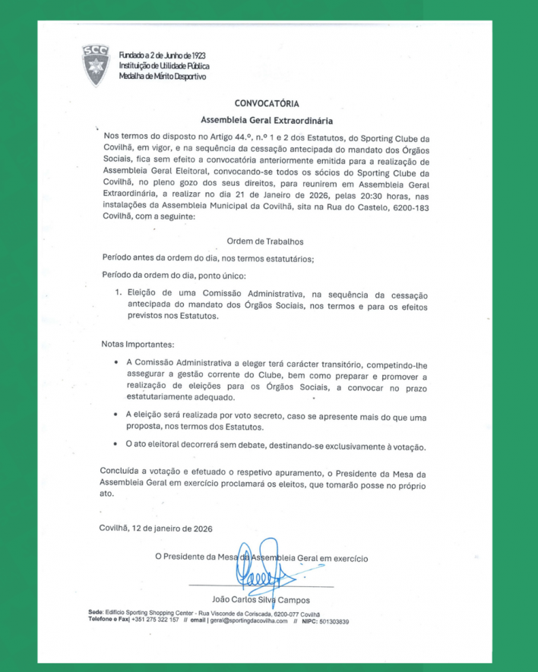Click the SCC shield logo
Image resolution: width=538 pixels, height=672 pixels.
point(96,65)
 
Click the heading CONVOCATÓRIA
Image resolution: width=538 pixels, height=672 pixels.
point(267,103)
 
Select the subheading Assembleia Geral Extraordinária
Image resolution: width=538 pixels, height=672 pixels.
point(267,120)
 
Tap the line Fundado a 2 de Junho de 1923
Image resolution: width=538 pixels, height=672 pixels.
point(162,55)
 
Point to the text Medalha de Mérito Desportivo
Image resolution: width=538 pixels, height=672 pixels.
point(162,77)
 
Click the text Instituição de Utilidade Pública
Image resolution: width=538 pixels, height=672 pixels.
point(164,66)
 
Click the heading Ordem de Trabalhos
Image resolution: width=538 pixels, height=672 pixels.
point(265,241)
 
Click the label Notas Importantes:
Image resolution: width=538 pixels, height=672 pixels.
point(137,344)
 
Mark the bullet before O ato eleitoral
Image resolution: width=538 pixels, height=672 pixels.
point(115,446)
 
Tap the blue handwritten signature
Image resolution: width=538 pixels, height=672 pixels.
point(262,573)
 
